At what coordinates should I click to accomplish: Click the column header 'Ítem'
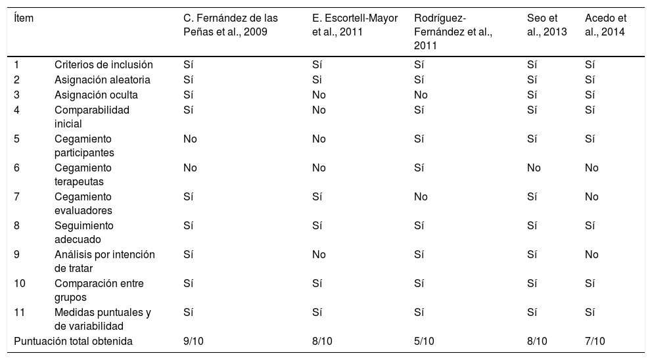24,18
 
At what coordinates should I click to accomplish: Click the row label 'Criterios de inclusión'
103,64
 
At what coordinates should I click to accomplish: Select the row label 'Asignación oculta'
96,95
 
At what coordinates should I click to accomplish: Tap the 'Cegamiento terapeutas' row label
83,174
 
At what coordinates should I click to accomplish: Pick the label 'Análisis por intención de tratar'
105,261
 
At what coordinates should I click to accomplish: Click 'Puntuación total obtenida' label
74,341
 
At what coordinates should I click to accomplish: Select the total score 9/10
193,341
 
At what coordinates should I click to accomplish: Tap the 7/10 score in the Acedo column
595,341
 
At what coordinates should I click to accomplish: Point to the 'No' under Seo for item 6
534,168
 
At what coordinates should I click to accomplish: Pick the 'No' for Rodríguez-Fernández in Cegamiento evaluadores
421,197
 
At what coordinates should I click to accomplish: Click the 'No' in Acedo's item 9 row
592,255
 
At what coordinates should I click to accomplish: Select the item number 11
19,313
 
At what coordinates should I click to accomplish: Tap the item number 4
17,110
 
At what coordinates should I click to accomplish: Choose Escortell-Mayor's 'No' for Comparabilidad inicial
319,110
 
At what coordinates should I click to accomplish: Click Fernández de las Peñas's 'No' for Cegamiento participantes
190,139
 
